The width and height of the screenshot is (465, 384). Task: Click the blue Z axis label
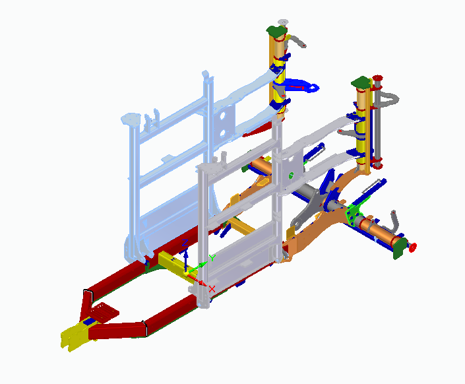pos(185,243)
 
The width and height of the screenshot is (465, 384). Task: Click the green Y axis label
pos(212,258)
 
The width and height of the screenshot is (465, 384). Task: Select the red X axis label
pos(212,289)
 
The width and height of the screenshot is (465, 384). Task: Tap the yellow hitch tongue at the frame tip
pos(74,336)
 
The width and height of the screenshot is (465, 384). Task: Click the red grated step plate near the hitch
pos(104,313)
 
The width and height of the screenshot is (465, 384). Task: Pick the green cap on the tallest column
pos(277,32)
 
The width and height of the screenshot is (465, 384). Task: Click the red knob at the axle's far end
pos(412,247)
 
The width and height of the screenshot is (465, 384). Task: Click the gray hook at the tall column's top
pos(297,41)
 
